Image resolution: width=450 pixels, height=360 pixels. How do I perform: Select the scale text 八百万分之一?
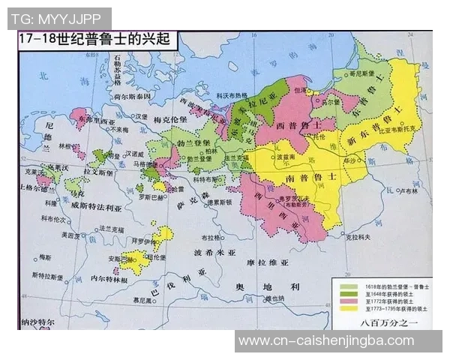click(385, 323)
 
